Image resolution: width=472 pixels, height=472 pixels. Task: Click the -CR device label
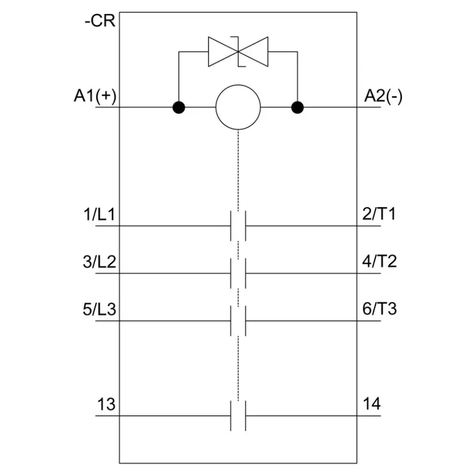point(100,21)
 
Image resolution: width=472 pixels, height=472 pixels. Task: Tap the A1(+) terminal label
point(95,96)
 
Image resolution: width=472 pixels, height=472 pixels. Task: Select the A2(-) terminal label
point(383,96)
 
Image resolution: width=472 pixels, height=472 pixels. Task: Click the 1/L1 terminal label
point(99,214)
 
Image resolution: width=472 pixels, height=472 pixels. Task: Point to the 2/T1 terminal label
point(379,214)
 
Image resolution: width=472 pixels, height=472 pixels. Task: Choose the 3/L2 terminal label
point(99,262)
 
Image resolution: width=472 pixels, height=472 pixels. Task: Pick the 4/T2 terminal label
point(379,261)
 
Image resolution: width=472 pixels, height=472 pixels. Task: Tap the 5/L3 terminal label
point(99,309)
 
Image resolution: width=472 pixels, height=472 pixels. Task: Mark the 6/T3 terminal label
point(380,309)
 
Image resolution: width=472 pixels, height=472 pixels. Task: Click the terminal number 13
point(106,404)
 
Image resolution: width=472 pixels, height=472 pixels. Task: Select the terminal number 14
point(371,403)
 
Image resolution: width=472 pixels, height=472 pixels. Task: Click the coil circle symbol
point(238,107)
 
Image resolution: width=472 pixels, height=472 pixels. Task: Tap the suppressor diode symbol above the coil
point(238,52)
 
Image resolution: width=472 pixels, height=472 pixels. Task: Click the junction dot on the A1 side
point(179,107)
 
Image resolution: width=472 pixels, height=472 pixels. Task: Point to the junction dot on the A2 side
point(298,107)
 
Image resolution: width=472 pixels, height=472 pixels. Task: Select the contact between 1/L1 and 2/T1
point(238,226)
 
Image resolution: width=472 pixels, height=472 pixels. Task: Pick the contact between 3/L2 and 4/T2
point(238,273)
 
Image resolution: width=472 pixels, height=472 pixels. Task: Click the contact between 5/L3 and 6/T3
point(238,321)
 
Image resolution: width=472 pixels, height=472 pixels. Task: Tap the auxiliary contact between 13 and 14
point(238,416)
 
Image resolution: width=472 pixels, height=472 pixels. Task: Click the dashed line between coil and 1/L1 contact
point(238,170)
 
